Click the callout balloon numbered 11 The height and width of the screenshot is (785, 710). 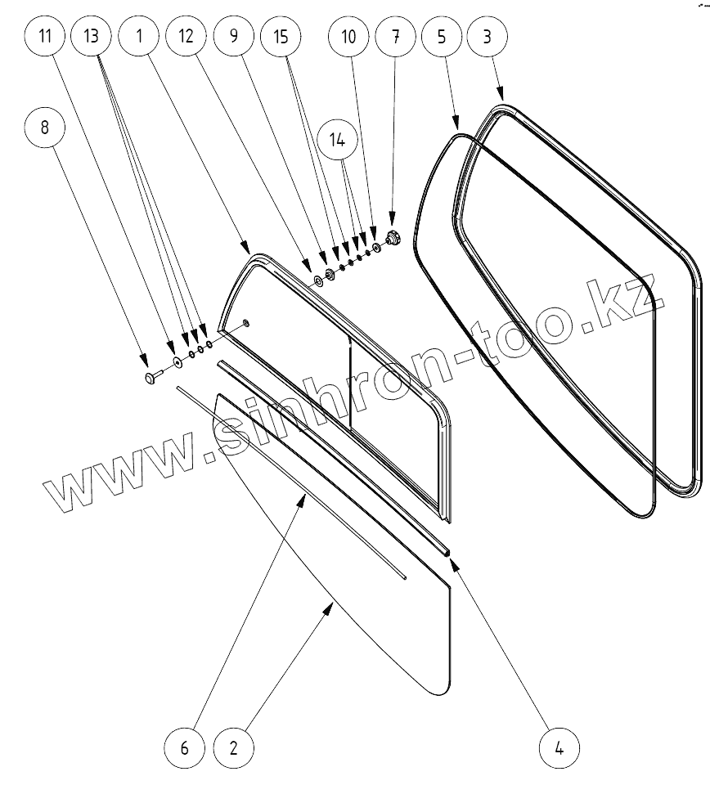pos(44,37)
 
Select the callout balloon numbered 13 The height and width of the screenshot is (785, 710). pos(92,37)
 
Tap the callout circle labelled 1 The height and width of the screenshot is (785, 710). pos(138,37)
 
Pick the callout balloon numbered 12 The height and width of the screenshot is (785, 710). pos(186,37)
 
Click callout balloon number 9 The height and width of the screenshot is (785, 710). pos(233,37)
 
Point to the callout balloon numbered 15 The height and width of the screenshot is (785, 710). pos(281,37)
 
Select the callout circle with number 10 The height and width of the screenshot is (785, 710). pos(348,37)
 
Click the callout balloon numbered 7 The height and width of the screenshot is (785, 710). pos(396,37)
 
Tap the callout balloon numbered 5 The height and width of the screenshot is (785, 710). pos(443,37)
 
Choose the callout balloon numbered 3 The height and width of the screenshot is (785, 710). pos(489,37)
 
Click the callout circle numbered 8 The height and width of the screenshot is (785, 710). pos(44,127)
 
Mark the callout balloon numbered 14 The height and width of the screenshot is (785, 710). pos(338,140)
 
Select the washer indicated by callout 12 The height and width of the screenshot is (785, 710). pos(317,282)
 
